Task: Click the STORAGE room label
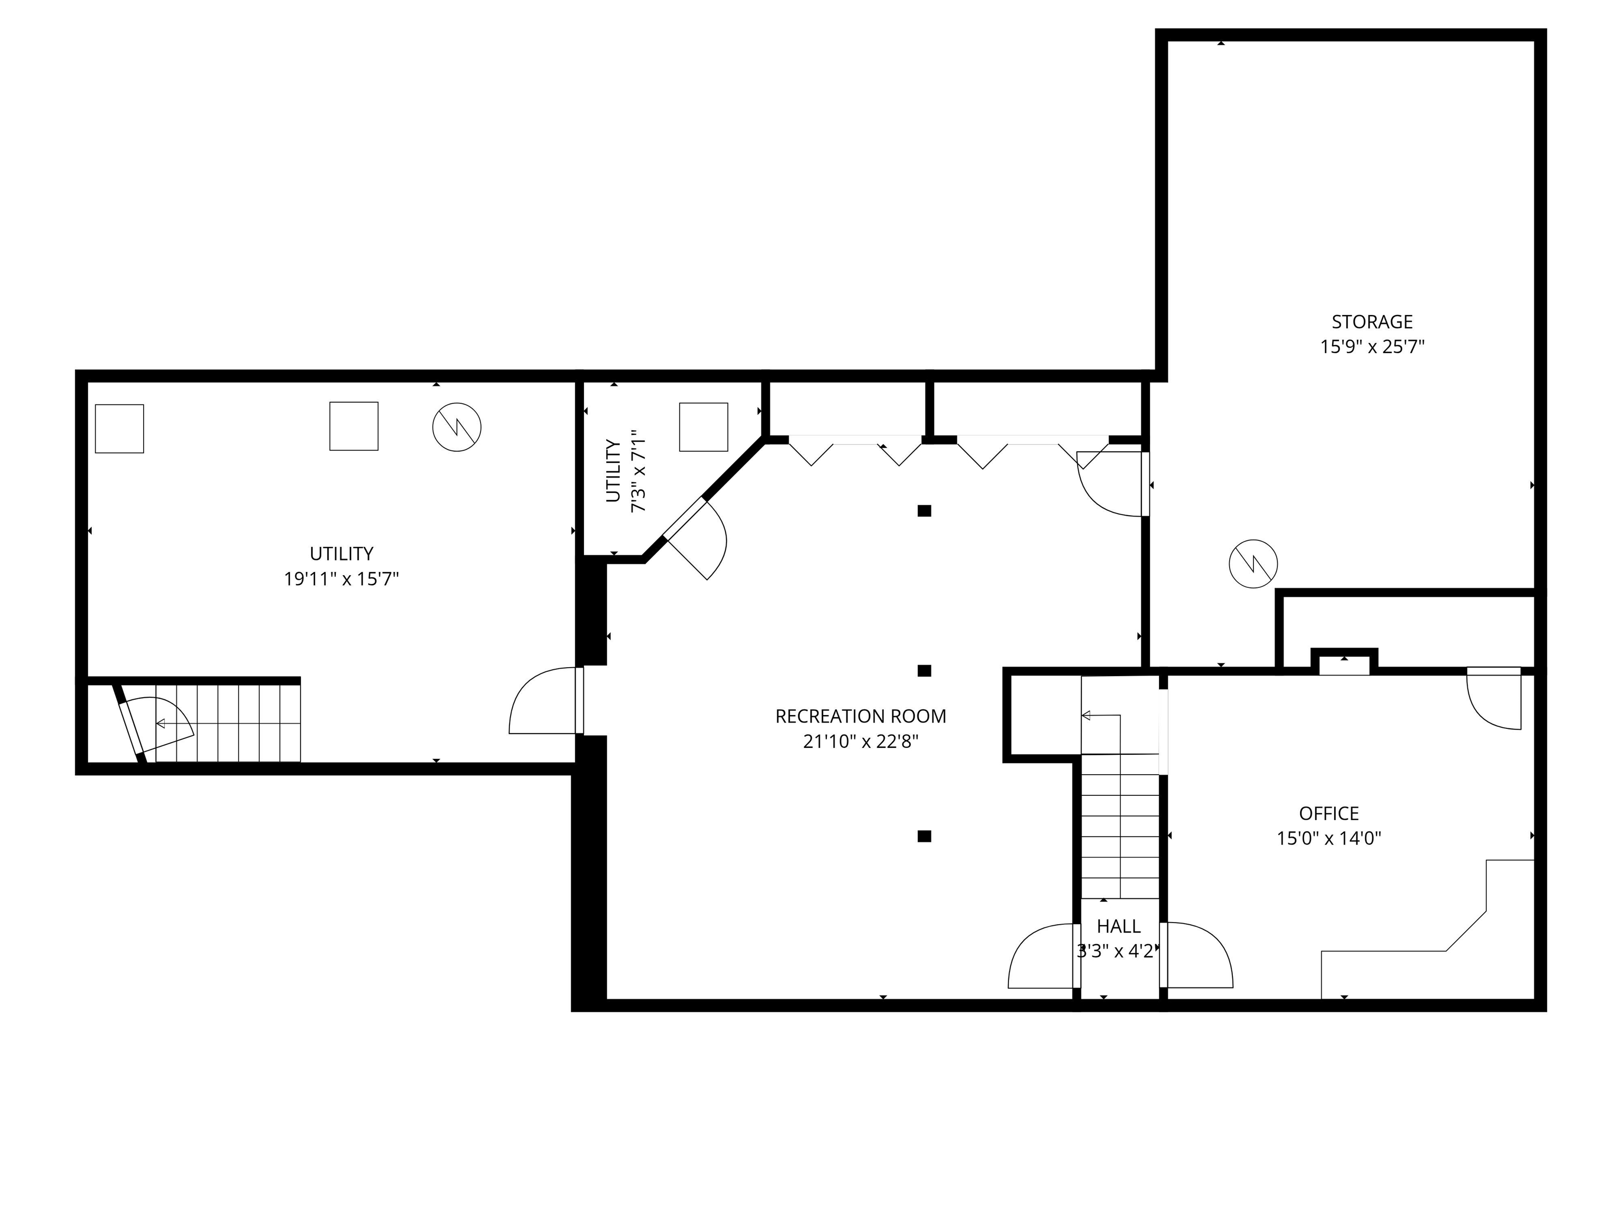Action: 1372,322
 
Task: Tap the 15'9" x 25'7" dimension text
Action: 1372,347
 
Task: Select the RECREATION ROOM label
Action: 861,716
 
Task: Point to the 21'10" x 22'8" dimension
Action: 861,742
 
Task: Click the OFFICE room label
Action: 1328,814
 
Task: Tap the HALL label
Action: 1118,926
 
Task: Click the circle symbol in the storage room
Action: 1253,564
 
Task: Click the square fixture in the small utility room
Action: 703,426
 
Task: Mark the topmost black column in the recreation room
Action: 924,511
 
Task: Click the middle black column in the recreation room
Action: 924,671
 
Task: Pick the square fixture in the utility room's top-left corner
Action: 119,429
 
